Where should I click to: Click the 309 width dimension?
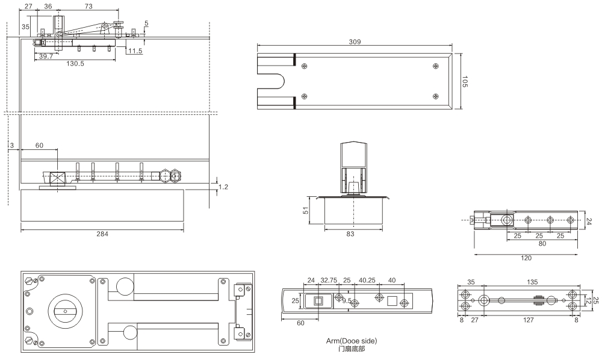pos(355,42)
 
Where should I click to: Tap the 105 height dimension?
pos(465,81)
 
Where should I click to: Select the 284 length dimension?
pos(102,234)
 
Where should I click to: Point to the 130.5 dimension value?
pos(75,63)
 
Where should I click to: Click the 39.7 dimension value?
pos(46,57)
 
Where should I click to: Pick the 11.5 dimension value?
pos(135,51)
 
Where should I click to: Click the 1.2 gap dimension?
pos(223,187)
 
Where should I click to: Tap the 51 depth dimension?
pos(306,210)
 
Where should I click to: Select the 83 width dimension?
pos(350,234)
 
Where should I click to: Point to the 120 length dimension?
pos(526,258)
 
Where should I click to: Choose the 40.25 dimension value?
pos(367,280)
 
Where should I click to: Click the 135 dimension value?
pos(532,282)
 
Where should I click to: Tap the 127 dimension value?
pos(529,320)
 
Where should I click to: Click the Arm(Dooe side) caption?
pos(352,341)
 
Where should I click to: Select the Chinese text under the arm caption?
pos(352,349)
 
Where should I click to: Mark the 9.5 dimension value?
pos(347,300)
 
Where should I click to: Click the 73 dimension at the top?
pos(88,6)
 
